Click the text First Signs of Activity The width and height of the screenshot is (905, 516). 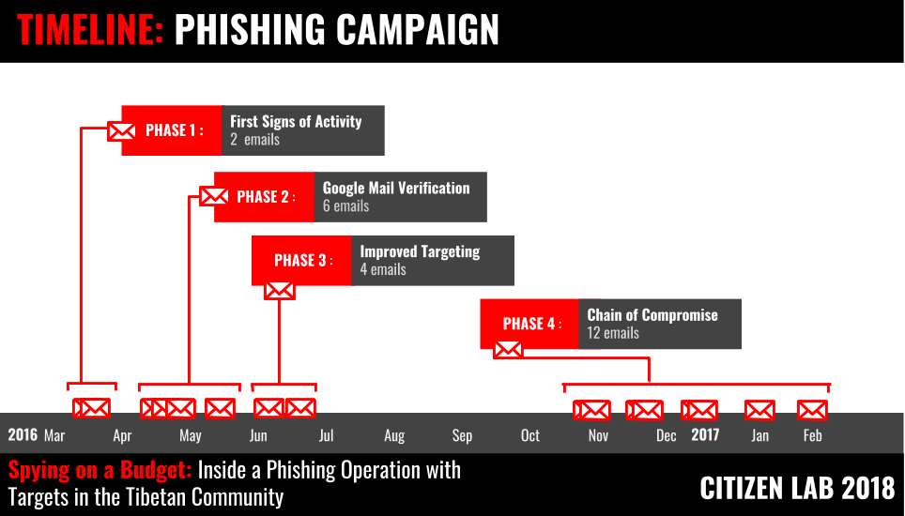(296, 121)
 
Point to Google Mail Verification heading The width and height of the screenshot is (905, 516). (396, 188)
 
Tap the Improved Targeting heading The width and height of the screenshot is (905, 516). (420, 251)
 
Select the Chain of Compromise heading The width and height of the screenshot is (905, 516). (652, 315)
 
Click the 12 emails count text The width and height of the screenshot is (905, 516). (613, 333)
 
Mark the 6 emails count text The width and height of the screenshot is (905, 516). (345, 206)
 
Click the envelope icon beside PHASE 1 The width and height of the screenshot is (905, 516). (121, 130)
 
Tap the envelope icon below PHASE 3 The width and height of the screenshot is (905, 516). (280, 291)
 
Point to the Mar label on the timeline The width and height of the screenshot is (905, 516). (54, 435)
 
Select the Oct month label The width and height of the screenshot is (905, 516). (530, 435)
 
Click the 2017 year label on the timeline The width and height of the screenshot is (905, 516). (705, 434)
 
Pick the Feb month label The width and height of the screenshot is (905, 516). (813, 435)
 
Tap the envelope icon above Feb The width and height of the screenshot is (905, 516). (812, 410)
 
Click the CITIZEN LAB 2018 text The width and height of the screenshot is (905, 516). (797, 488)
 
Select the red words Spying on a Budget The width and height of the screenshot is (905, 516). (100, 470)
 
